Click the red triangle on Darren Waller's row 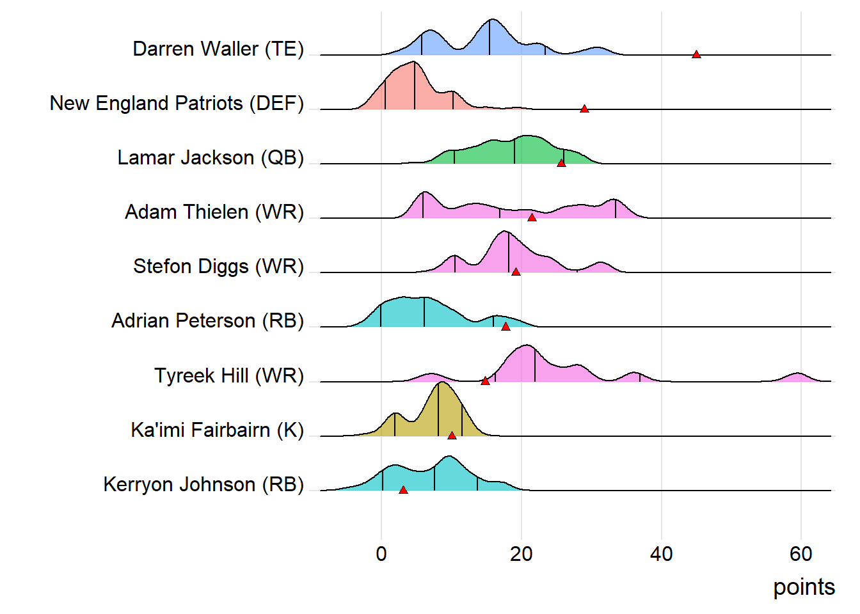[696, 54]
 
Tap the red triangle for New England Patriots [584, 109]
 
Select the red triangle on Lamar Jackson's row [561, 163]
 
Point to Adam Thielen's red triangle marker [532, 217]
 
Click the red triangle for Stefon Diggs [516, 272]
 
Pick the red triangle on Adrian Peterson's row [506, 326]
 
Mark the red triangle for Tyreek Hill [485, 381]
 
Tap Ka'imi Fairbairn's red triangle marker [452, 436]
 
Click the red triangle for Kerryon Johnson [403, 490]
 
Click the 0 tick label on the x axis [381, 554]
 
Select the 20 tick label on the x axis [521, 554]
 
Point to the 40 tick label [661, 554]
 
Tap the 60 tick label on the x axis [800, 554]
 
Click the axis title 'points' [804, 587]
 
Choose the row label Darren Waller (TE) [218, 49]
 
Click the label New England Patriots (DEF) [177, 103]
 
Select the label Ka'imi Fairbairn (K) [217, 430]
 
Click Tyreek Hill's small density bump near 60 [797, 377]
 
